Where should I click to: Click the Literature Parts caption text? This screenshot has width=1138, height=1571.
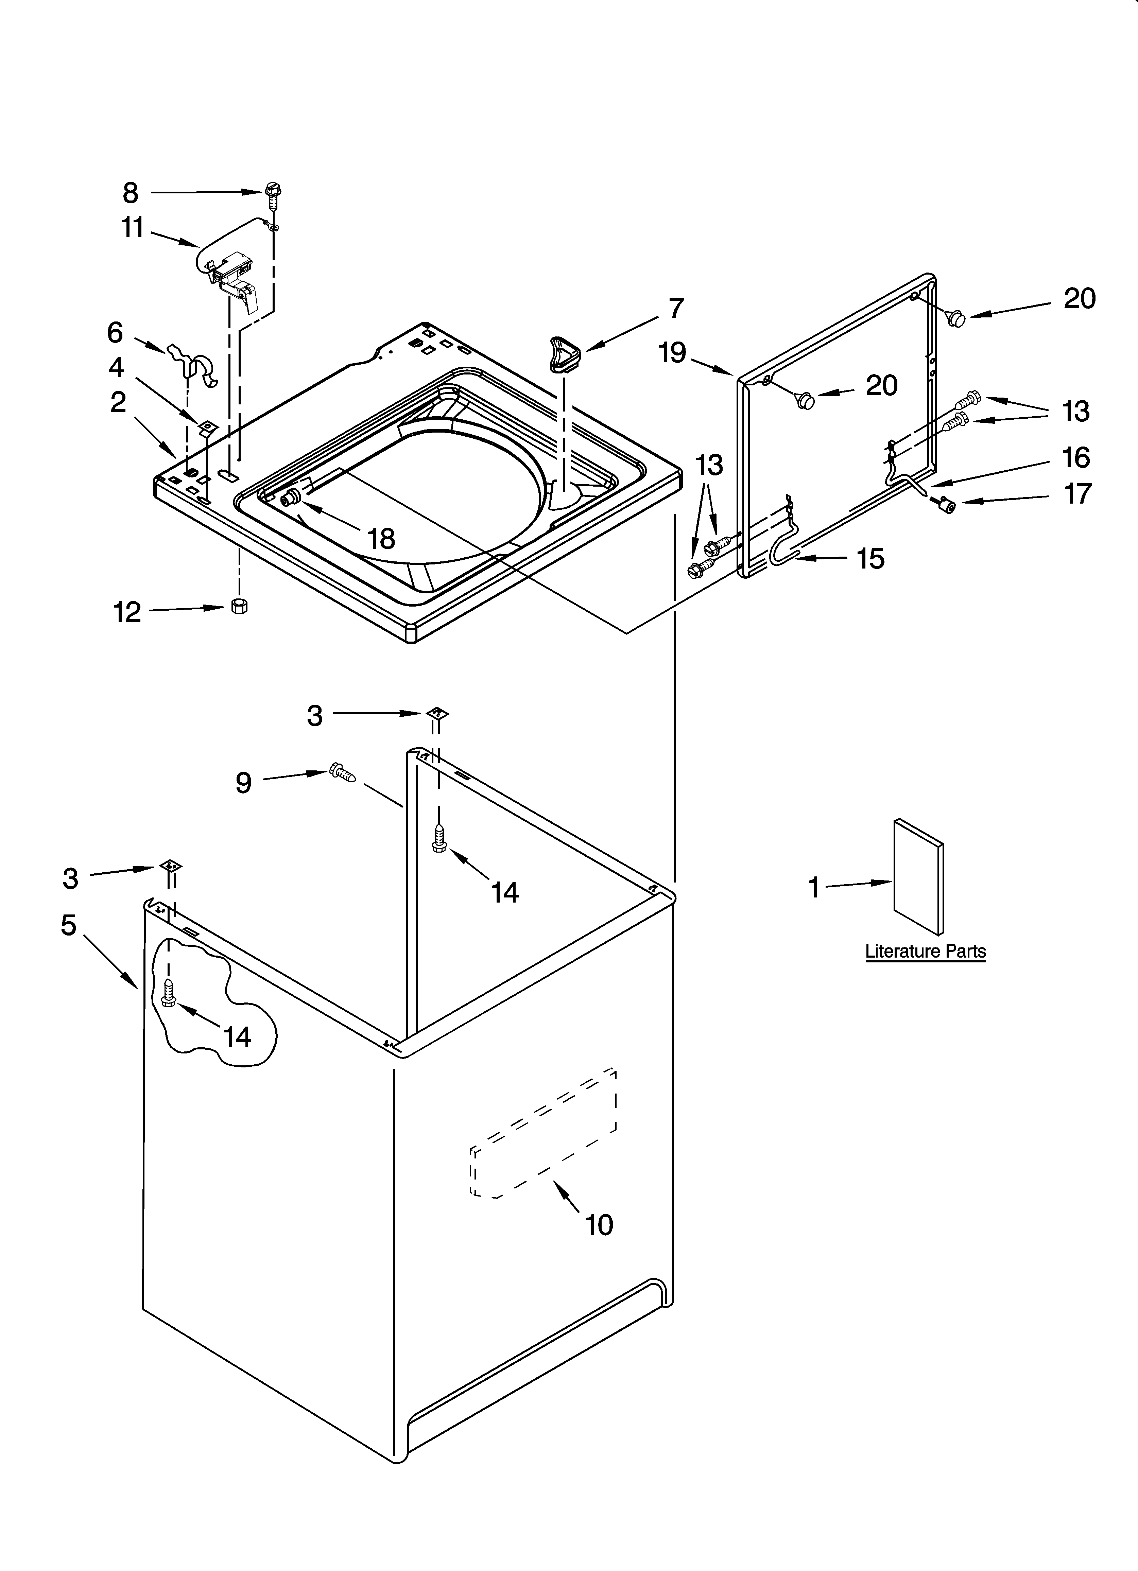tap(925, 951)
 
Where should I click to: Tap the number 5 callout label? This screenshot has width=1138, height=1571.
tap(69, 925)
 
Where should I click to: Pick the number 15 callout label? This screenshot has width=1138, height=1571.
tap(870, 558)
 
